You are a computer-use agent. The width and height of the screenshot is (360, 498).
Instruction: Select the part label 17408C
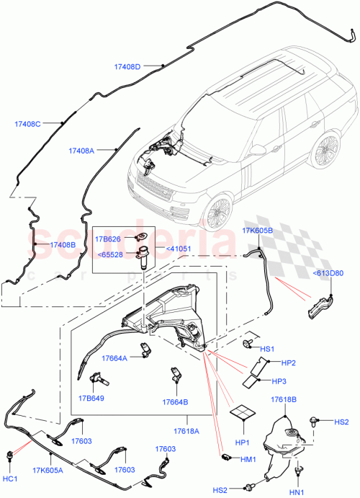pos(28,123)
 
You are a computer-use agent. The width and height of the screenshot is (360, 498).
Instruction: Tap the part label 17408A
pos(81,151)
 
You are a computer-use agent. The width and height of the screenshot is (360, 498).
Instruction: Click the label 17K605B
pos(256,231)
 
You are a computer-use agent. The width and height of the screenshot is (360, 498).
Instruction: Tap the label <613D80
pos(328,273)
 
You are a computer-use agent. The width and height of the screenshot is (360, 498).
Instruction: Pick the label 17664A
pos(114,357)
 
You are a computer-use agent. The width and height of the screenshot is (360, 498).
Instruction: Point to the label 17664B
pos(175,402)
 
